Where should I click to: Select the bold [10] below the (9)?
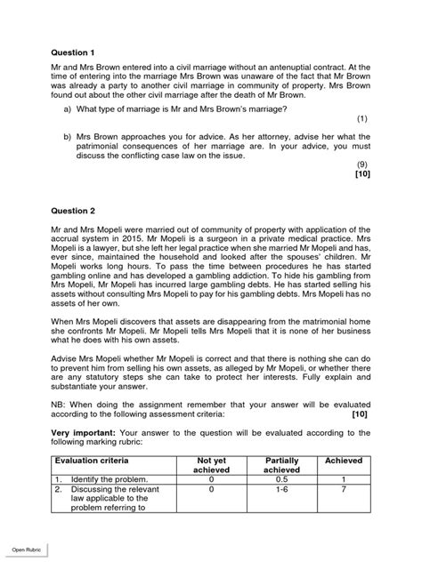[x=361, y=175]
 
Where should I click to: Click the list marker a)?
[x=67, y=108]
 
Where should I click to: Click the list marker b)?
[x=67, y=136]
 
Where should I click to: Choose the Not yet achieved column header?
[x=212, y=466]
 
